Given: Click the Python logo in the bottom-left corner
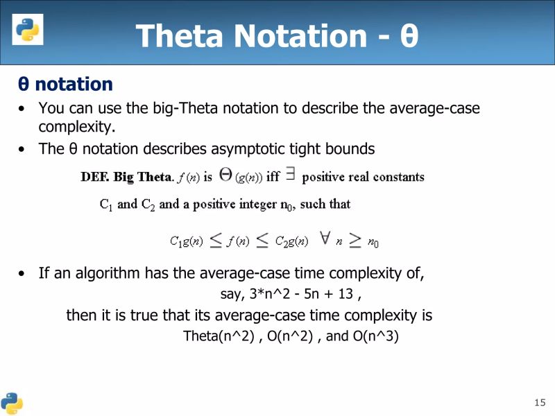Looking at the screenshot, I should point(12,403).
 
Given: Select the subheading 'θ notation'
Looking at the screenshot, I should point(65,85).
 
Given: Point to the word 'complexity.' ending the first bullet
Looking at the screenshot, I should point(77,128).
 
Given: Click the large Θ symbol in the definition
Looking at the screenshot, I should point(225,175).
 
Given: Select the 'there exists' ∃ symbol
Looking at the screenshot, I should point(290,176).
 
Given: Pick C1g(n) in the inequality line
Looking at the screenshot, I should point(187,242).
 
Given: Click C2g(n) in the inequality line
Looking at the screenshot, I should point(291,242).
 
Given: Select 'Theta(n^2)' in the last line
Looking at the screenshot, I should point(216,337).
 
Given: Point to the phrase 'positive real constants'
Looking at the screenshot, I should point(363,177).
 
